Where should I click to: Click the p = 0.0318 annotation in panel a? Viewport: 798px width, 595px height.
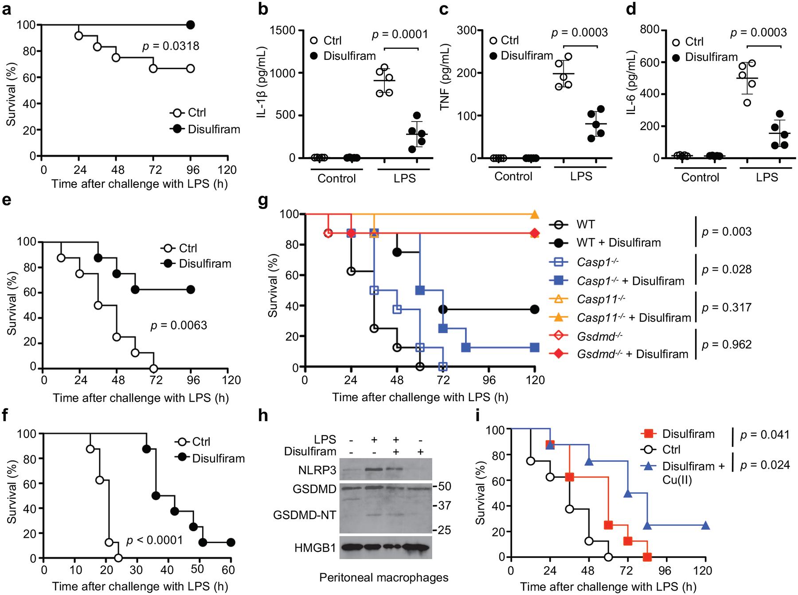[x=171, y=46]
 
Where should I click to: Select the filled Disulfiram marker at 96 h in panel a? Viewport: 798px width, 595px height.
[x=191, y=25]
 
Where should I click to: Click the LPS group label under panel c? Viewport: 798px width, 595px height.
[x=581, y=177]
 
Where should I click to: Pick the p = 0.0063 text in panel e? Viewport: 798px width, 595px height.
[x=179, y=325]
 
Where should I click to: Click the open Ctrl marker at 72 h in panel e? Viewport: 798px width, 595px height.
[x=153, y=368]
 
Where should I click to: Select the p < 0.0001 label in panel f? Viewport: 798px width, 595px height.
[x=155, y=540]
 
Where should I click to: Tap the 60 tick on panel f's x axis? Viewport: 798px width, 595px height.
[x=230, y=569]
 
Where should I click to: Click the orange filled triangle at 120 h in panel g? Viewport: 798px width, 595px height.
[x=535, y=215]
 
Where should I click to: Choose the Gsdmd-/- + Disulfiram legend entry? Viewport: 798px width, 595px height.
[x=632, y=354]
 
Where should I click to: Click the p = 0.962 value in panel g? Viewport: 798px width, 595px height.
[x=727, y=344]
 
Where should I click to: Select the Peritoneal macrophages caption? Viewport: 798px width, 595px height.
[x=383, y=577]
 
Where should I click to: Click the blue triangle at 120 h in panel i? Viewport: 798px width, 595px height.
[x=705, y=526]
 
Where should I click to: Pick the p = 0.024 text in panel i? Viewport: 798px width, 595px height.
[x=765, y=465]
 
